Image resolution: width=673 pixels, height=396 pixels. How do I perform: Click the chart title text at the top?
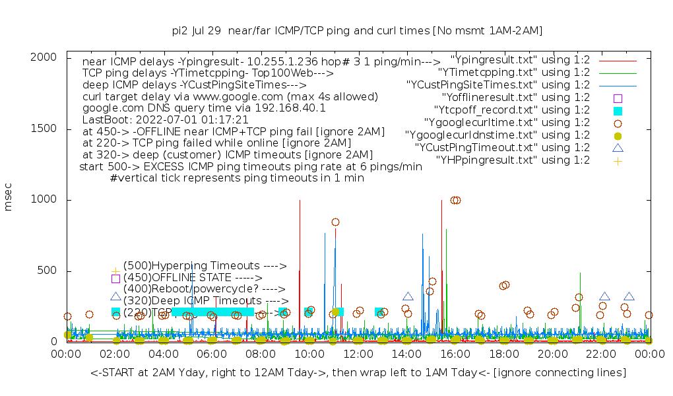[x=357, y=30]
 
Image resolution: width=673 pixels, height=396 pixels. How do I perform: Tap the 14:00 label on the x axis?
[x=406, y=354]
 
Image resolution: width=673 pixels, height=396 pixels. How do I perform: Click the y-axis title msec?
[x=9, y=197]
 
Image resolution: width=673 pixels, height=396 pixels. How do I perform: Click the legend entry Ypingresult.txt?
[x=520, y=59]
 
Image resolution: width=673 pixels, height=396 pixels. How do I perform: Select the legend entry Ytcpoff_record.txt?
[x=512, y=110]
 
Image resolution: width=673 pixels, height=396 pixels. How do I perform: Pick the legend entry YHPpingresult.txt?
[x=513, y=160]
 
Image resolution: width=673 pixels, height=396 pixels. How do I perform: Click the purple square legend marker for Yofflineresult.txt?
[x=618, y=98]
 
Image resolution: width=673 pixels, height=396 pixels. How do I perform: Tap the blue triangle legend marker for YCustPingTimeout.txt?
[x=618, y=148]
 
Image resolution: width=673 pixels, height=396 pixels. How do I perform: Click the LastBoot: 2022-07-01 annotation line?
[x=165, y=119]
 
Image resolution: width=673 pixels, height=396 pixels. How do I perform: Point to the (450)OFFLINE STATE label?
[x=193, y=278]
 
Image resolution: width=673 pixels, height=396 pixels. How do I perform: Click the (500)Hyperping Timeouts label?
[x=205, y=265]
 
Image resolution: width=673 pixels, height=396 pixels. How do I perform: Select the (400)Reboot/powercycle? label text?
[x=204, y=289]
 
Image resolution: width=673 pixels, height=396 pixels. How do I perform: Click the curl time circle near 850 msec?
[x=335, y=222]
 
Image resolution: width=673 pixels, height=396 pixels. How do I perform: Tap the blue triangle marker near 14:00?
[x=408, y=297]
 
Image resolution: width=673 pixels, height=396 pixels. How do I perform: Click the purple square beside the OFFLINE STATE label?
[x=115, y=279]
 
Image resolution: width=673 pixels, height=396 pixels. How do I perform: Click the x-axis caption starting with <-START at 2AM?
[x=358, y=373]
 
